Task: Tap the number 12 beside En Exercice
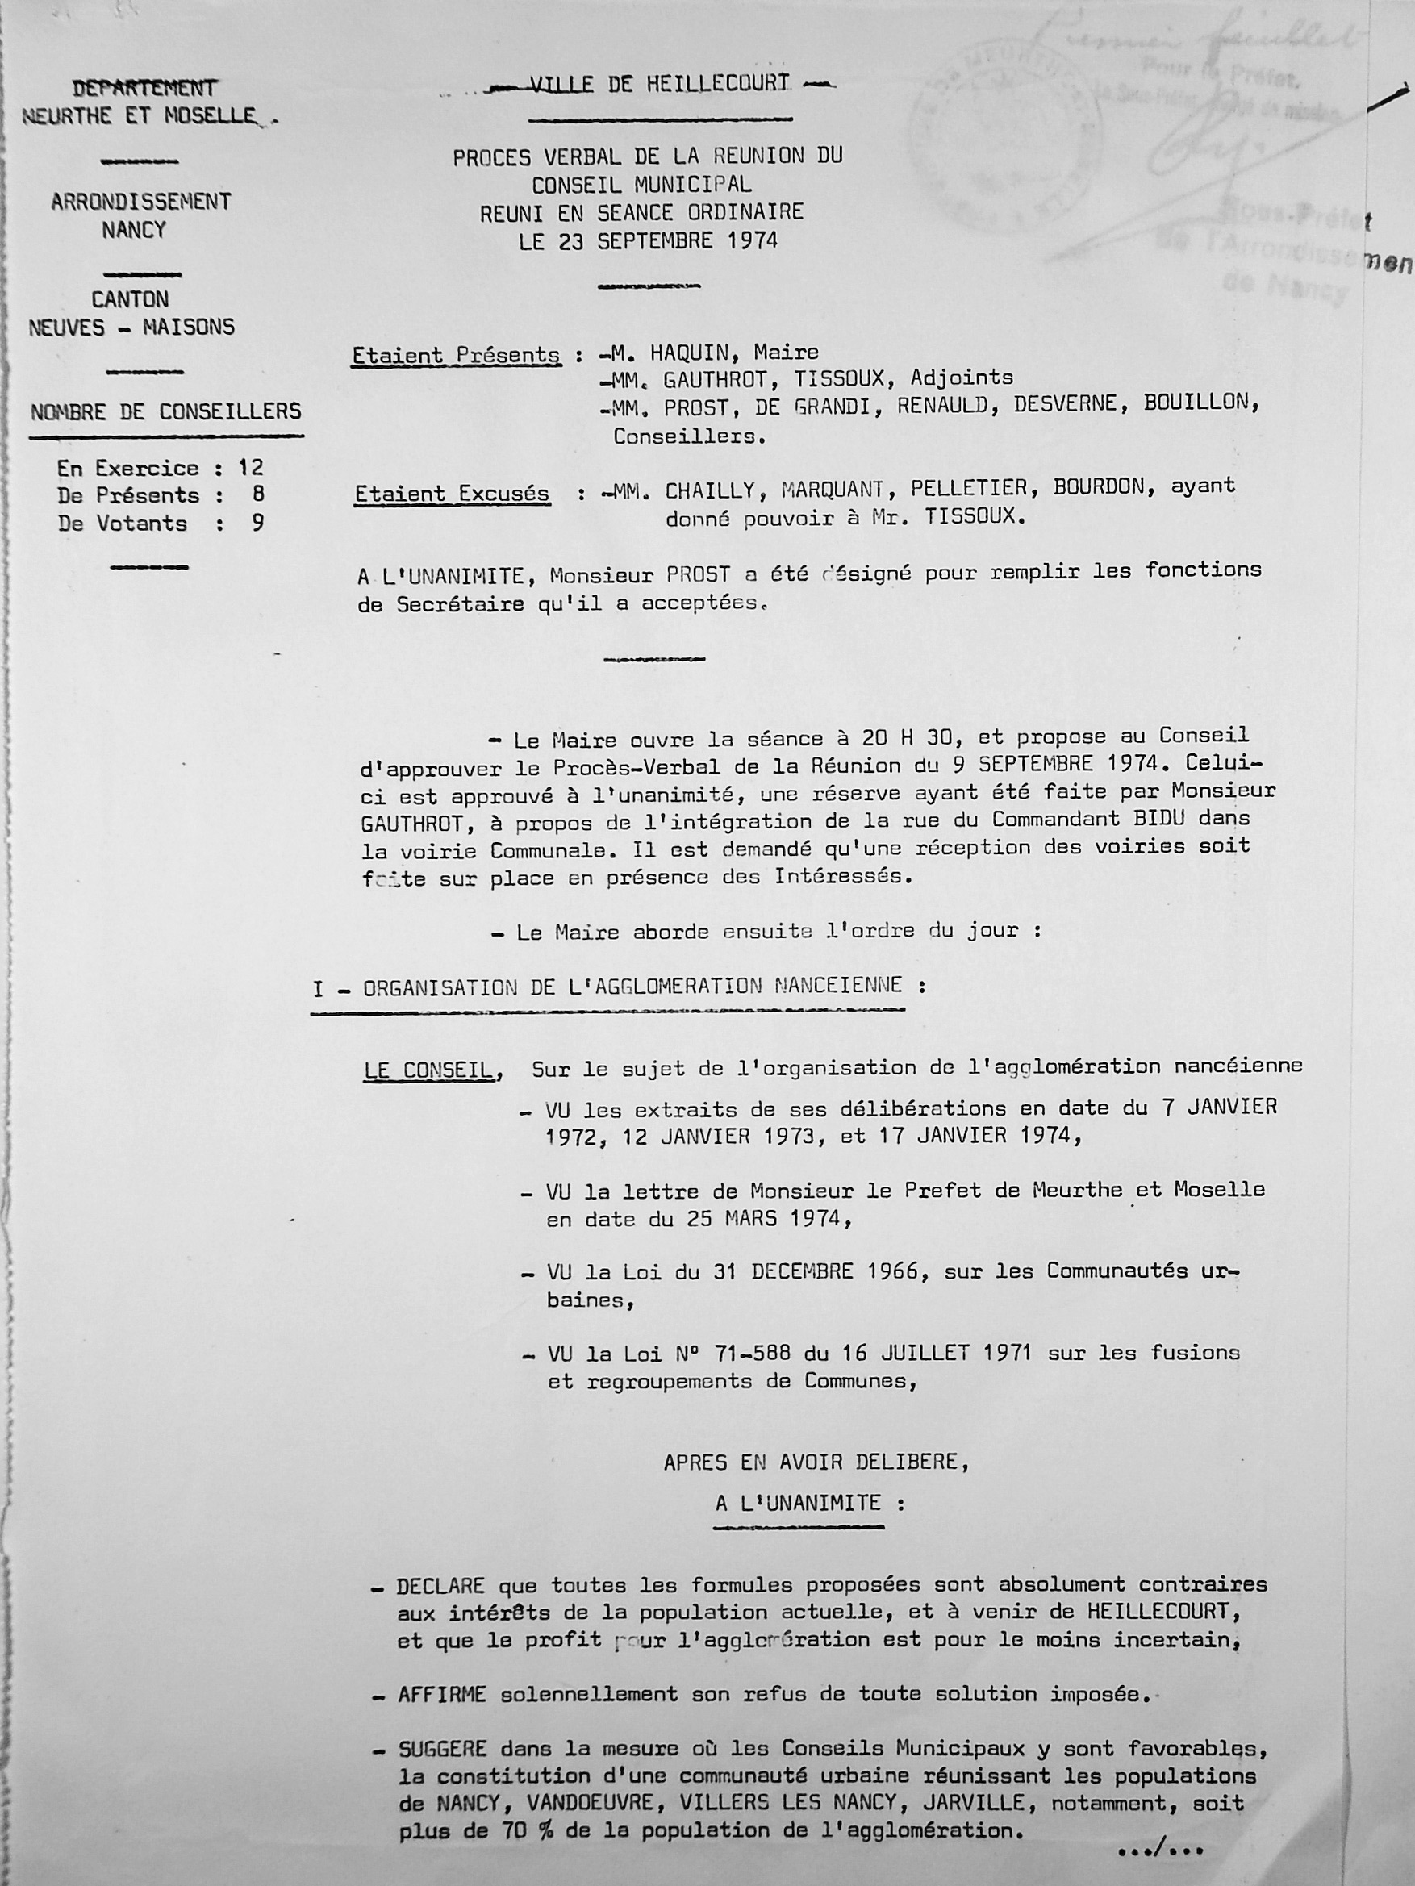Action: pos(251,468)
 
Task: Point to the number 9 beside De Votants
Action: pos(257,524)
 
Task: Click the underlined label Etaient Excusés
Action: pos(452,494)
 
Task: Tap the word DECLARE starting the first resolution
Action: pos(440,1586)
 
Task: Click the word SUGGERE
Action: pos(442,1750)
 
